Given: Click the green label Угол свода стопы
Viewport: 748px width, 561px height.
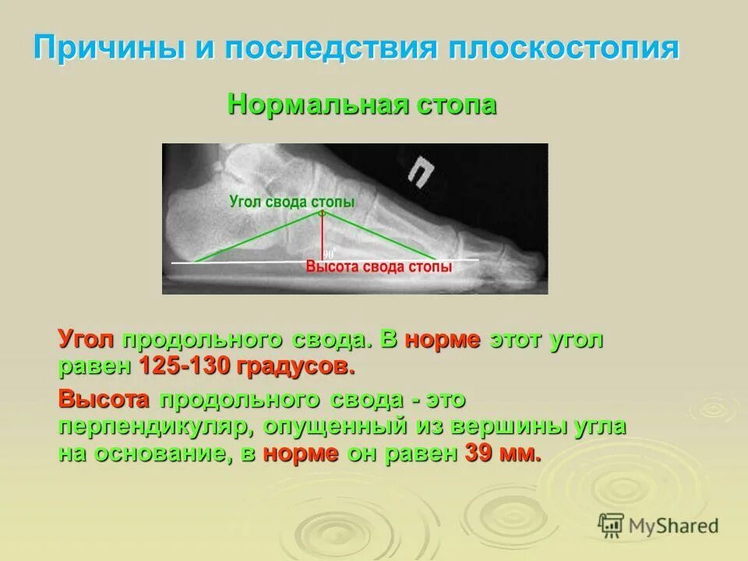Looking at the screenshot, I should click(292, 202).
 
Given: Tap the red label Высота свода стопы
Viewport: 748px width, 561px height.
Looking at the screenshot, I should click(379, 267).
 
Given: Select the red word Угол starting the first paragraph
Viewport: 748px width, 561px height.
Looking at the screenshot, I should click(86, 340).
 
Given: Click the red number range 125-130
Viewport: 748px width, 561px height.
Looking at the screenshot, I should click(176, 366).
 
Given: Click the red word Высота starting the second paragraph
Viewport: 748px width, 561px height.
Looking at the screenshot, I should click(104, 400).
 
